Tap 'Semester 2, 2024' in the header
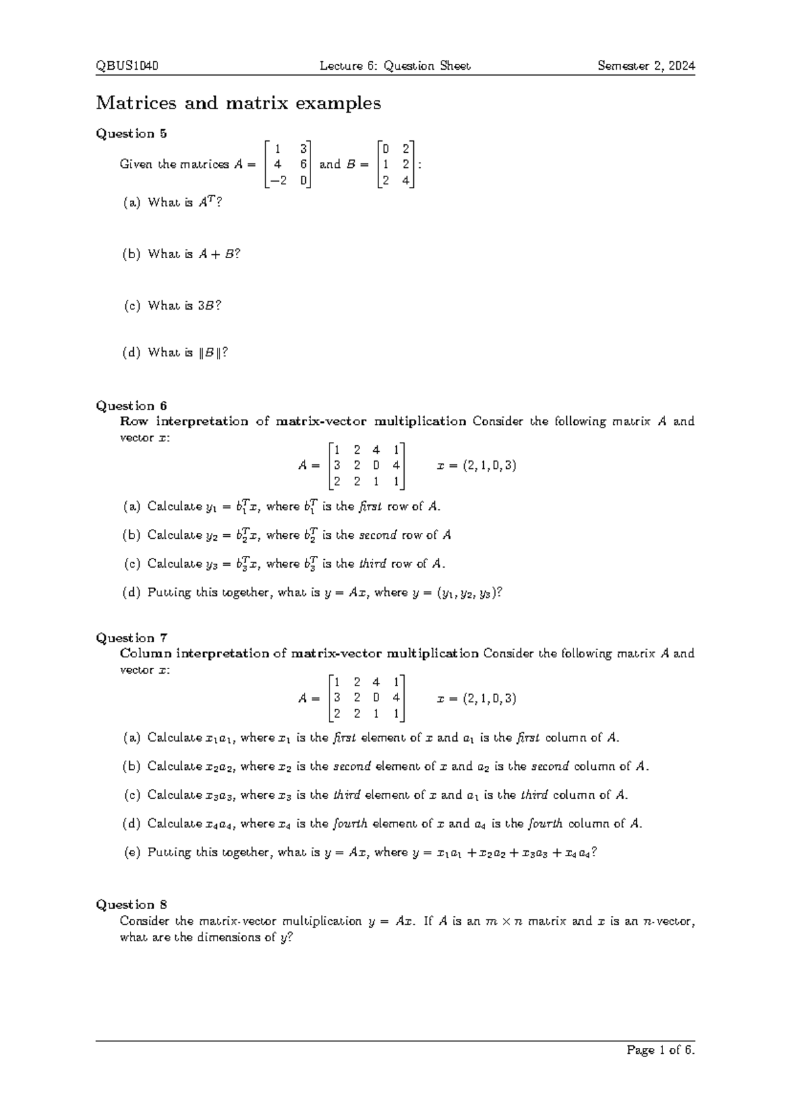pyautogui.click(x=646, y=66)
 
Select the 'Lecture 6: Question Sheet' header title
pyautogui.click(x=395, y=66)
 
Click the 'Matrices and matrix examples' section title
pyautogui.click(x=239, y=103)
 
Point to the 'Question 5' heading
pyautogui.click(x=131, y=134)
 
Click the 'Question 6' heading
pyautogui.click(x=131, y=406)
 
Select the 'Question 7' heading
pyautogui.click(x=131, y=638)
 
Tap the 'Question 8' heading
pyautogui.click(x=131, y=904)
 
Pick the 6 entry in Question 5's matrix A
pyautogui.click(x=303, y=165)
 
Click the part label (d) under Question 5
pyautogui.click(x=131, y=353)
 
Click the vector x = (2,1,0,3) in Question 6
pyautogui.click(x=477, y=466)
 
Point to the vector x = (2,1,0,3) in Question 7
pyautogui.click(x=477, y=698)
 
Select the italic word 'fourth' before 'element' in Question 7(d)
pyautogui.click(x=350, y=823)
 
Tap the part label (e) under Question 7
pyautogui.click(x=132, y=852)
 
